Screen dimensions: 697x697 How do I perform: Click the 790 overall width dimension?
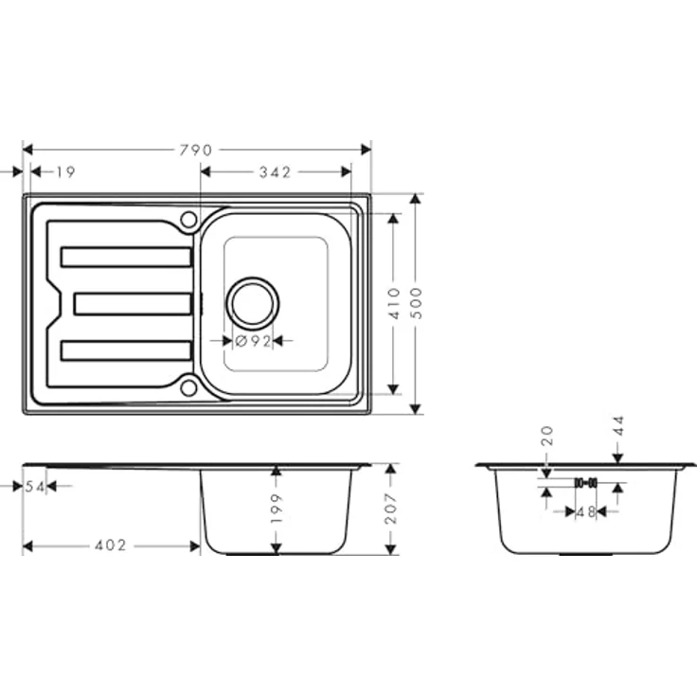[x=198, y=150]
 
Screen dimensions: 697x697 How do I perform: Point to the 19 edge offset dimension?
[x=65, y=172]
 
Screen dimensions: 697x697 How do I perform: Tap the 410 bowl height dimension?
[x=395, y=302]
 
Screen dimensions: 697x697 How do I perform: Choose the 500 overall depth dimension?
[x=415, y=302]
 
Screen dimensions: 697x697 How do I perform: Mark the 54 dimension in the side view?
[x=35, y=486]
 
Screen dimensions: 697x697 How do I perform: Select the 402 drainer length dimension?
[x=111, y=546]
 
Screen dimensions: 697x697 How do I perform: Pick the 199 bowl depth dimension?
[x=276, y=509]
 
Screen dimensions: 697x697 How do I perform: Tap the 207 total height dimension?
[x=390, y=509]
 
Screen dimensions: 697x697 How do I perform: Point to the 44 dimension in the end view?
[x=618, y=426]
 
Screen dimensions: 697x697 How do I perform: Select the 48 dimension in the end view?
[x=586, y=512]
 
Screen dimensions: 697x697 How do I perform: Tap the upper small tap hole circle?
[x=188, y=220]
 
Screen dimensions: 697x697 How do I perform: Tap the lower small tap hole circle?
[x=188, y=386]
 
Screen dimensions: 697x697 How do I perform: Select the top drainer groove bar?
[x=126, y=257]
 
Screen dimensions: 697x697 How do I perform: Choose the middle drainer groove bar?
[x=133, y=303]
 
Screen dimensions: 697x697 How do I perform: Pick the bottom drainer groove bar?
[x=126, y=349]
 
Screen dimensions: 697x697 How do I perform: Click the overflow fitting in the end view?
[x=585, y=482]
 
